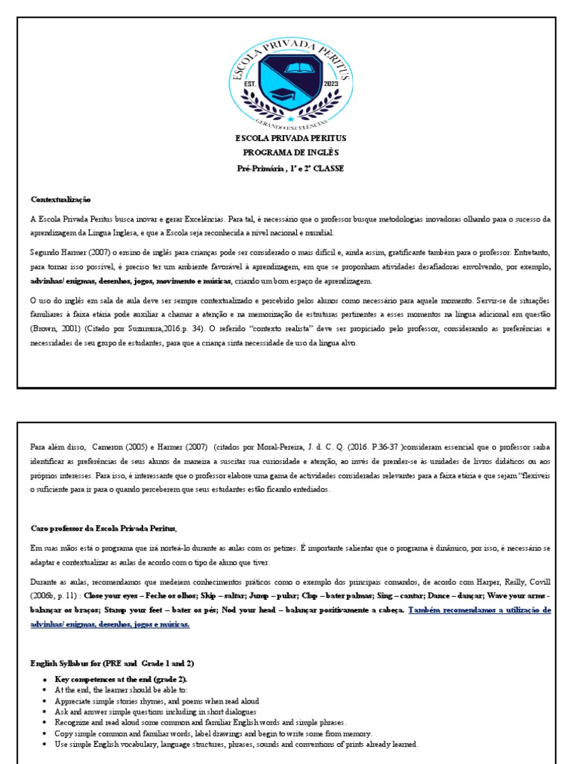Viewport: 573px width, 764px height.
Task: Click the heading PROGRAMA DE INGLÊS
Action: point(287,153)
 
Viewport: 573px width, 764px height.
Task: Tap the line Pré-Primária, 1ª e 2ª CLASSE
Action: point(287,168)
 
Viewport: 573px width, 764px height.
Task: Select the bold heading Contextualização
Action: point(60,199)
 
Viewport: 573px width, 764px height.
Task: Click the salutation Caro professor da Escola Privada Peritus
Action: point(104,528)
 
